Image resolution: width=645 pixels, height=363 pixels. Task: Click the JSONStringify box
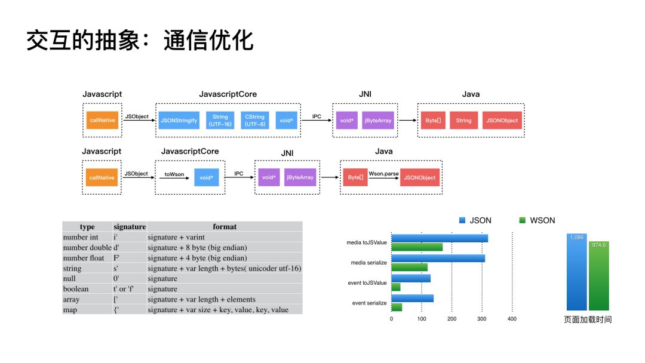(x=179, y=120)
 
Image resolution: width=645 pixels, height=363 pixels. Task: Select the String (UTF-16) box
(x=220, y=120)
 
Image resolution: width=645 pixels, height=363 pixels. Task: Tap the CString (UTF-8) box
(x=255, y=120)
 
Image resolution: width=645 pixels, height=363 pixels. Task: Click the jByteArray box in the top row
(x=378, y=120)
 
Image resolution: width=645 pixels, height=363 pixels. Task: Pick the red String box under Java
(x=463, y=120)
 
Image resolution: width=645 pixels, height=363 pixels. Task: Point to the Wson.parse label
(x=383, y=173)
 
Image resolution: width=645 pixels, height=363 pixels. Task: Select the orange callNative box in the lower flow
(x=102, y=177)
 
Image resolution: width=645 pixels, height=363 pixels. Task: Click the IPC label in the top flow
(x=317, y=116)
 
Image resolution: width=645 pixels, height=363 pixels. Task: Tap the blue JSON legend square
(x=462, y=220)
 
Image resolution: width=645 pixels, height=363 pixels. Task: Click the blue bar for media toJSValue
(x=440, y=238)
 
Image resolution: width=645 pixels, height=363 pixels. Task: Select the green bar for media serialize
(x=410, y=267)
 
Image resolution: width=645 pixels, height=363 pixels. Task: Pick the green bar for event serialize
(x=397, y=307)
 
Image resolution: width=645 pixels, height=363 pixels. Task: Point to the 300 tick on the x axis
(x=481, y=319)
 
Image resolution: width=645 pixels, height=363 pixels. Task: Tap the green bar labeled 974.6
(x=599, y=275)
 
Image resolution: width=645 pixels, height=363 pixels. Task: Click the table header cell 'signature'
(x=130, y=227)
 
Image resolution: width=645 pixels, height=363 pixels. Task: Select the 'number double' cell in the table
(x=87, y=248)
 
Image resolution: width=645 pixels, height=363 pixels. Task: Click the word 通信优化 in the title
(x=208, y=41)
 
